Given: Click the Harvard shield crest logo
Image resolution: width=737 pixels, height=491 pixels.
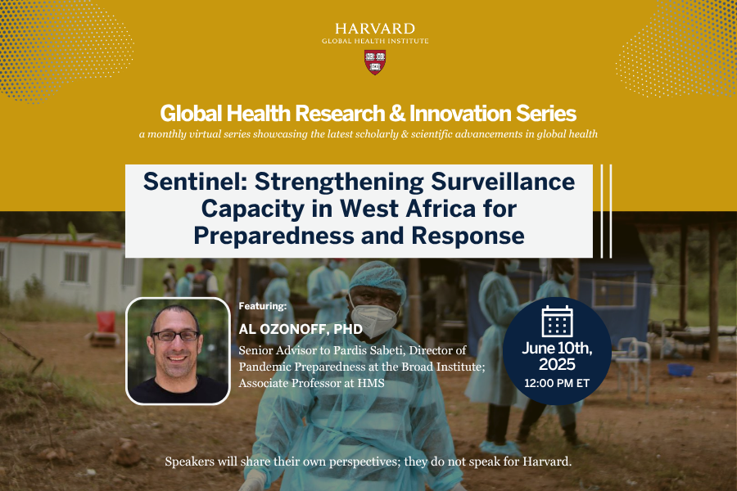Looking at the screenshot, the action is (x=375, y=62).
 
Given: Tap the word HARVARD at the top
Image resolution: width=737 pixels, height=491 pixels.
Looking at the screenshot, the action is (x=375, y=29).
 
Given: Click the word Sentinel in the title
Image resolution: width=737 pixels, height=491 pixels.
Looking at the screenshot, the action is (x=195, y=182).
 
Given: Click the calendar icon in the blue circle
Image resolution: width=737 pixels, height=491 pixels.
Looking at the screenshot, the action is (x=557, y=322).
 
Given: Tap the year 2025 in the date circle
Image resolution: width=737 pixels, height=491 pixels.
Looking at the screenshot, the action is (x=557, y=365).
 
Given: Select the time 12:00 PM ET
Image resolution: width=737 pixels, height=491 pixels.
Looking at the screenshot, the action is (x=557, y=384).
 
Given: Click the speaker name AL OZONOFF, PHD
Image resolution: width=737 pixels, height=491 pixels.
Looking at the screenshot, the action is (x=301, y=329).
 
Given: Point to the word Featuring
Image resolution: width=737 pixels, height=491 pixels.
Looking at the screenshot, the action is (x=262, y=306).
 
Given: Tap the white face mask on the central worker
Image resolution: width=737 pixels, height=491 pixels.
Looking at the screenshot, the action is (x=374, y=319).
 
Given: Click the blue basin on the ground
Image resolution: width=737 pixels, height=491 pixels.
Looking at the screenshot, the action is (x=680, y=370).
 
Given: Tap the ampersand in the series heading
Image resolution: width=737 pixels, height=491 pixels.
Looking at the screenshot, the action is (x=397, y=114).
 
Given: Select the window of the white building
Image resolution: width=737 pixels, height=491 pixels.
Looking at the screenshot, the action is (x=76, y=267).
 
